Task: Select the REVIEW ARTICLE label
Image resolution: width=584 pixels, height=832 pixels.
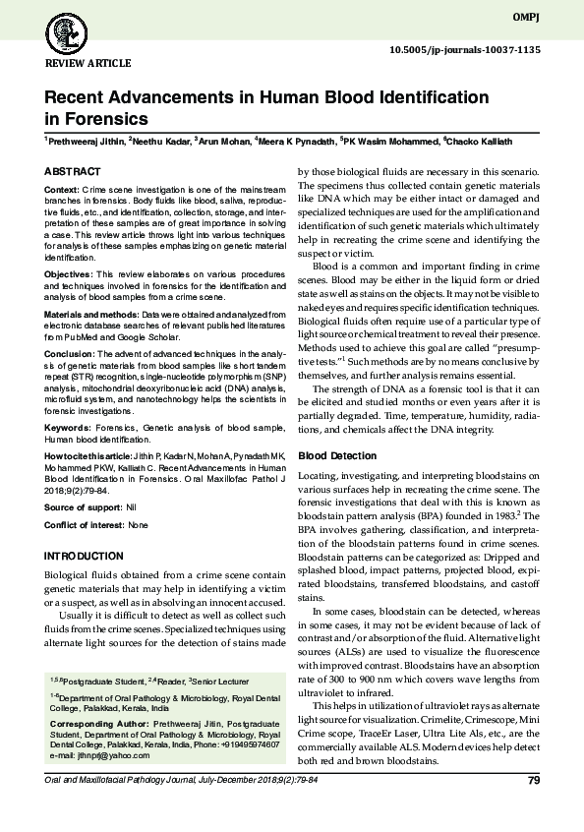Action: (88, 63)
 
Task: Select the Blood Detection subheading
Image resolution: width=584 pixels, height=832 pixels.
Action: (336, 456)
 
